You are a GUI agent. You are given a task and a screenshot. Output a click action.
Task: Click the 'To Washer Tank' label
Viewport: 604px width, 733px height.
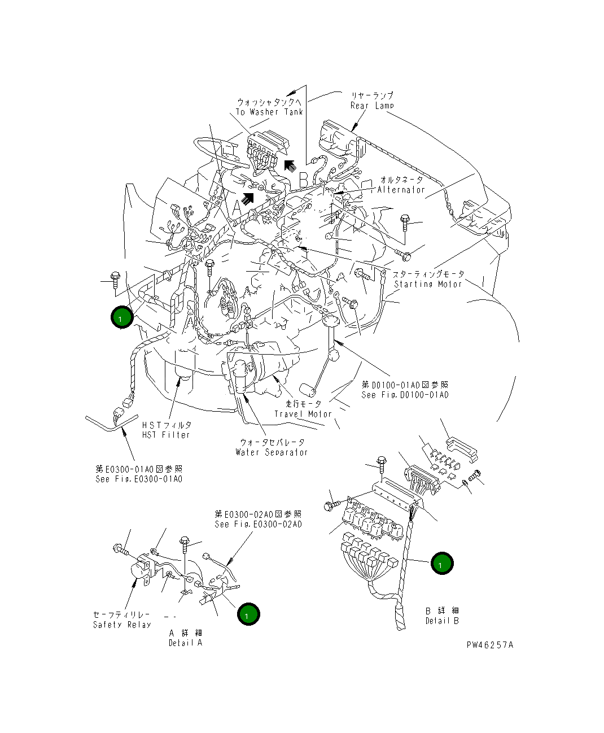point(269,112)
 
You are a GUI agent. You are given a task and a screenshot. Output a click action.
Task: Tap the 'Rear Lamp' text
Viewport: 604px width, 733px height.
point(372,106)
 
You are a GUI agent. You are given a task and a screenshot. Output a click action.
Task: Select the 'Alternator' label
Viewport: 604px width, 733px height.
point(401,190)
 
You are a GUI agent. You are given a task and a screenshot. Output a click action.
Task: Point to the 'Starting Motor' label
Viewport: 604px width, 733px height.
point(428,284)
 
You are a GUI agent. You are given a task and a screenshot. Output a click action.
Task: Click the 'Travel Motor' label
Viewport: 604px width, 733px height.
point(303,414)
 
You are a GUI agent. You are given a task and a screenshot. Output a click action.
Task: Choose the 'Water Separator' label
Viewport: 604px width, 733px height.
point(272,452)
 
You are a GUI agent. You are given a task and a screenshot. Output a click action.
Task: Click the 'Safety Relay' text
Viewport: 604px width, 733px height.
point(122,625)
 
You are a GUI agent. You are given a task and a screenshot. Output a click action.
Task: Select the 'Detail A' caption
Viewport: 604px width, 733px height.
point(185,643)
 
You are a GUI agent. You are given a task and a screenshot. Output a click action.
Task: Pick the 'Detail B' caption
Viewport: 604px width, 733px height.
point(442,621)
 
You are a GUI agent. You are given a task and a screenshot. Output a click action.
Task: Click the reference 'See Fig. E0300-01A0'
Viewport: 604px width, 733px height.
point(139,479)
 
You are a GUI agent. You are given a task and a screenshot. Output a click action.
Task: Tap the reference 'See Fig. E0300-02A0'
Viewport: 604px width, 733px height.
point(258,524)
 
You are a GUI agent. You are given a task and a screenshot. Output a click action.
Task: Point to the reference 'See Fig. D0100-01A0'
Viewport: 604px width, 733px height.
point(405,395)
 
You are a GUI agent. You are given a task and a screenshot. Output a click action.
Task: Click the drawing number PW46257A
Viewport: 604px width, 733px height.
point(490,645)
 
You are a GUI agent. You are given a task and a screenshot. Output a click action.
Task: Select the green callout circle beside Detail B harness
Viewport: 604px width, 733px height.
point(441,563)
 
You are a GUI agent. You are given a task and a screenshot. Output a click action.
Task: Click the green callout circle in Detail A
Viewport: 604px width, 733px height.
point(248,614)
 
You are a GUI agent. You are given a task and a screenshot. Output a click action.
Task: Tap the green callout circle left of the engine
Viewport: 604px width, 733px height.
point(121,317)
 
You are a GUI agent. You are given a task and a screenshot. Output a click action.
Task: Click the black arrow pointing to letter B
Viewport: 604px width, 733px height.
point(290,165)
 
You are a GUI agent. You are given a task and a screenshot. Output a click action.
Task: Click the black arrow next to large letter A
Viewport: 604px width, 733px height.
point(247,198)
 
